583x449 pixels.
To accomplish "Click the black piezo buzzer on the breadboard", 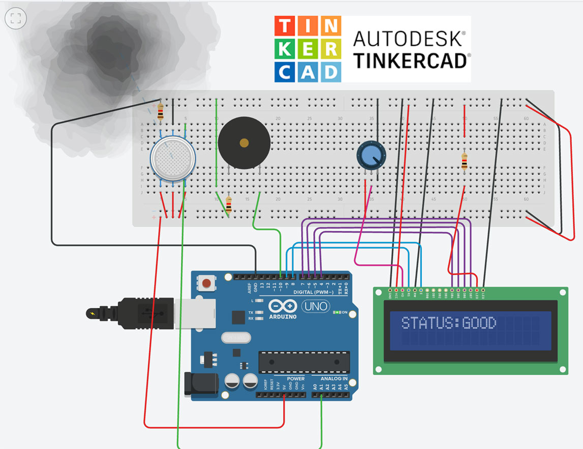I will tap(244, 143).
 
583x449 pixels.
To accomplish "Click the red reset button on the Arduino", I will tap(206, 283).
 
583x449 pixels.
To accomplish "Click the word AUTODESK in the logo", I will tap(409, 38).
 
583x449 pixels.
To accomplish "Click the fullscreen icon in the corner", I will tap(15, 19).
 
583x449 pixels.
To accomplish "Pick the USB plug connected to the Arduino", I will tap(147, 311).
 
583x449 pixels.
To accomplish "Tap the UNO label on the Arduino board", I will tap(315, 307).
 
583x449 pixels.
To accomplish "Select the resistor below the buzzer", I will tap(228, 205).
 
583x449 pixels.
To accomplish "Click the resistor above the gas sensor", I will tap(161, 112).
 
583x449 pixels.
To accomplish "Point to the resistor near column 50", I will tap(464, 161).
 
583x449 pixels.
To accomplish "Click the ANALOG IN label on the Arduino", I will tap(333, 379).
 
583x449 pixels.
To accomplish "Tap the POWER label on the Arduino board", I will tap(295, 379).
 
